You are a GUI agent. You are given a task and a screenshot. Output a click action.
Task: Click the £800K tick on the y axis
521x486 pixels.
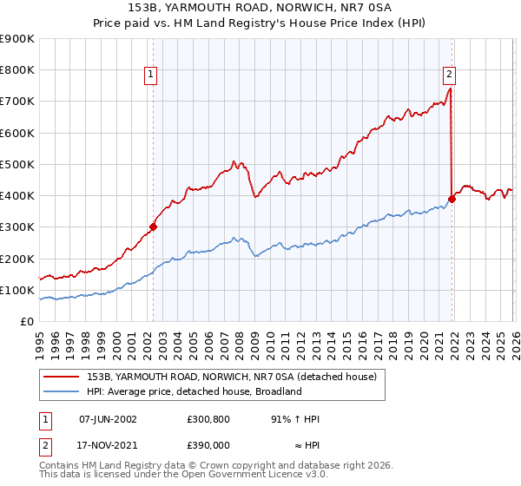(x=17, y=70)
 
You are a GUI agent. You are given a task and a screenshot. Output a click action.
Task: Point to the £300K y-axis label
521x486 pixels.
(x=17, y=227)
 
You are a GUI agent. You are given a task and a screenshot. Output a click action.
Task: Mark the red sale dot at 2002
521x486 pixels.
(x=153, y=227)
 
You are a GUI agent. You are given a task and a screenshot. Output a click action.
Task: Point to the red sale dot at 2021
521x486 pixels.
(x=452, y=199)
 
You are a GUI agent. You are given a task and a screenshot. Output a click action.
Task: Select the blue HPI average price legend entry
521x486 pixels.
(x=194, y=391)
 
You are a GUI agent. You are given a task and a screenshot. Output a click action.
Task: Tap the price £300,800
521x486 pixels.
(x=208, y=419)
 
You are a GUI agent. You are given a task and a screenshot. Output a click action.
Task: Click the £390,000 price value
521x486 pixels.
(x=208, y=443)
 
